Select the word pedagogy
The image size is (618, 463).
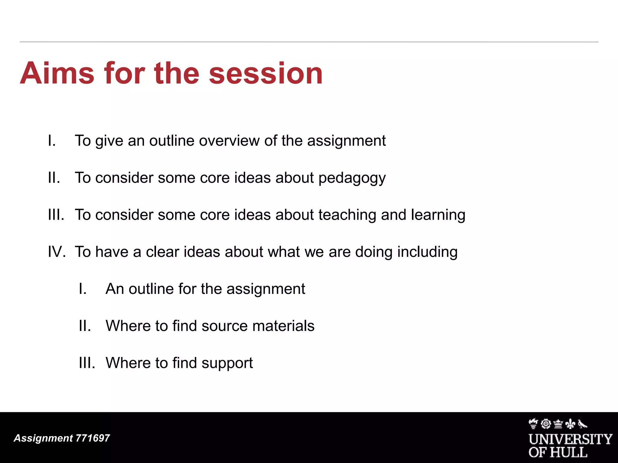pyautogui.click(x=352, y=178)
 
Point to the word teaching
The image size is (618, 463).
pyautogui.click(x=347, y=215)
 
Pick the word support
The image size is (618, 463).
pyautogui.click(x=227, y=363)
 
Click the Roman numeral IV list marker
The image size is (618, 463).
pyautogui.click(x=56, y=252)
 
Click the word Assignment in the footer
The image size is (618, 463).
pyautogui.click(x=43, y=438)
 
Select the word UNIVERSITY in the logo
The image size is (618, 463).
pyautogui.click(x=570, y=439)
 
